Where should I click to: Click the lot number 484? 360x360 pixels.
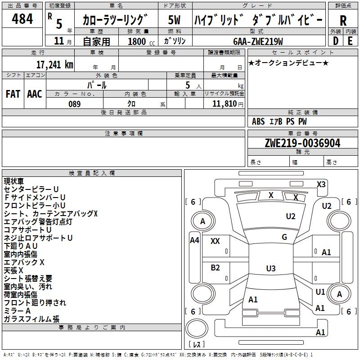click(x=22, y=19)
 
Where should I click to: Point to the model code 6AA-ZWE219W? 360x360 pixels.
click(x=258, y=41)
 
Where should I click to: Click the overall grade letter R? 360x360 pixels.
click(x=343, y=21)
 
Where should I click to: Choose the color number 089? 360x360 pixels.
click(x=74, y=104)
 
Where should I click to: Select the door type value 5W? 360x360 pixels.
click(x=175, y=20)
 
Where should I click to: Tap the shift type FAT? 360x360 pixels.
click(x=13, y=94)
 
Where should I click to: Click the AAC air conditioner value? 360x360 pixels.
click(x=35, y=94)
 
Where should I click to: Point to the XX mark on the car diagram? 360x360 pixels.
click(x=215, y=241)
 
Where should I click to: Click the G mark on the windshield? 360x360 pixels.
click(x=284, y=237)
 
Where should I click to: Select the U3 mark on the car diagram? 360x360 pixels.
click(x=270, y=269)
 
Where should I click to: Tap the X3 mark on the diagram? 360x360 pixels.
click(x=321, y=184)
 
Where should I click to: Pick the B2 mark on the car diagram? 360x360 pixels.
click(x=215, y=268)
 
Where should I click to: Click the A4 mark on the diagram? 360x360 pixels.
click(x=194, y=240)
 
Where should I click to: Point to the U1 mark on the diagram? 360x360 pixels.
click(x=320, y=292)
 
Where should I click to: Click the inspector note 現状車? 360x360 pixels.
click(x=14, y=181)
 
